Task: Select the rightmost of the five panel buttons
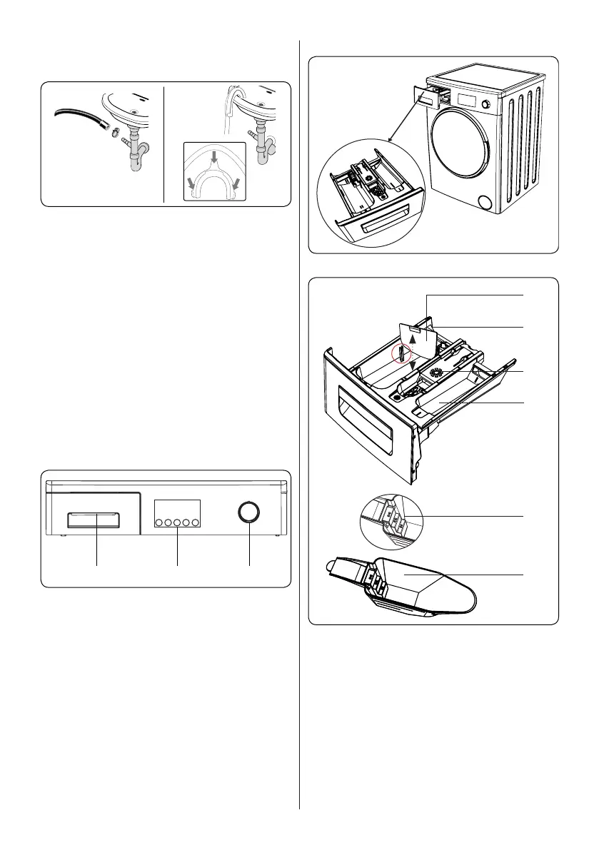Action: coord(195,522)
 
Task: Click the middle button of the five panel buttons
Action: coord(178,522)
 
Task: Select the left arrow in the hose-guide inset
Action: coord(191,185)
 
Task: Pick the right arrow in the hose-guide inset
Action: coord(236,185)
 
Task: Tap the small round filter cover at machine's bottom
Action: coord(486,203)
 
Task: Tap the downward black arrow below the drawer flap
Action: coord(413,365)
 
